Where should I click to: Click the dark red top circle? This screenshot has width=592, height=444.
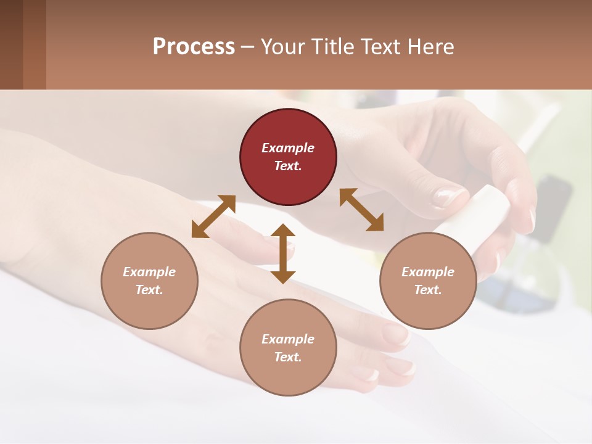(x=288, y=157)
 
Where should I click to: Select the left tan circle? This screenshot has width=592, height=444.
(x=149, y=281)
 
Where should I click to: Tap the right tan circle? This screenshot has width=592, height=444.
(x=428, y=281)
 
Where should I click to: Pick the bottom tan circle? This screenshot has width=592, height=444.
(x=288, y=348)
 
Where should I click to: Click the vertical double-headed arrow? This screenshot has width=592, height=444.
(x=283, y=253)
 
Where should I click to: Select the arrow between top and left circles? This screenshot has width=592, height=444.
(x=213, y=216)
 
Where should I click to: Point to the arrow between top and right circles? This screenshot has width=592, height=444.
(x=361, y=210)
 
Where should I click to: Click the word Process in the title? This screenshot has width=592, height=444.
(x=194, y=47)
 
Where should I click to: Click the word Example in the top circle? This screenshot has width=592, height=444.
(x=288, y=148)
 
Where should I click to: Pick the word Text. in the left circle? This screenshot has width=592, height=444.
(x=149, y=290)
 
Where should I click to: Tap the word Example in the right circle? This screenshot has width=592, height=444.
(x=428, y=272)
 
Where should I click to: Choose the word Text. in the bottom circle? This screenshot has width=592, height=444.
(x=288, y=357)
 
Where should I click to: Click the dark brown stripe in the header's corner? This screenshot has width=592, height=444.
(x=11, y=44)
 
